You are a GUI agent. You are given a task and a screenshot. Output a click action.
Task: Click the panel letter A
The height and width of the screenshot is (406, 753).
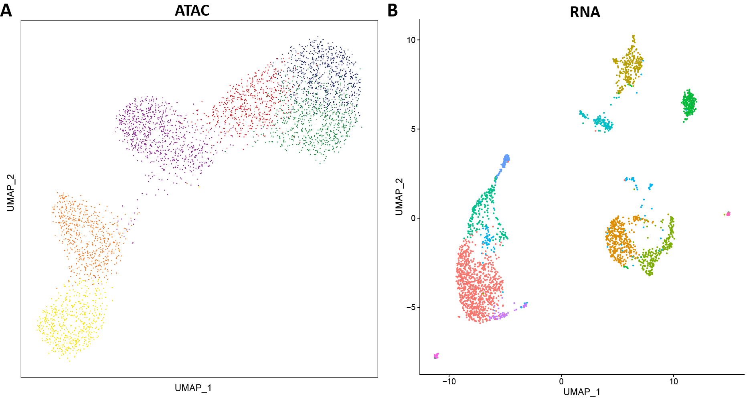[x=6, y=10]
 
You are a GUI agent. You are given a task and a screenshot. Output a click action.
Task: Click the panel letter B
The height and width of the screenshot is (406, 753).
[x=392, y=11]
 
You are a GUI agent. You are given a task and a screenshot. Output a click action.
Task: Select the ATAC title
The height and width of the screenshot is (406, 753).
[x=192, y=10]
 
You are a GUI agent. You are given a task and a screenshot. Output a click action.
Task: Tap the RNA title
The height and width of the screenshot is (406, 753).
[x=585, y=12]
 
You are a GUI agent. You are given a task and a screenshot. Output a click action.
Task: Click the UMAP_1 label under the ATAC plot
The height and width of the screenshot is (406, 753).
[x=193, y=388]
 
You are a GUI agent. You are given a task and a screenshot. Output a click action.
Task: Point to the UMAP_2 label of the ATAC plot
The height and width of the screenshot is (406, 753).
[x=10, y=193]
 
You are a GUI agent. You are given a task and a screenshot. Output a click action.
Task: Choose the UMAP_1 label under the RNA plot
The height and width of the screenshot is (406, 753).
[x=581, y=392]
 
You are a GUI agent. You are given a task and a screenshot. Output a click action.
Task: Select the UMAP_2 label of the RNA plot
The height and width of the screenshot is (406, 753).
[x=399, y=197]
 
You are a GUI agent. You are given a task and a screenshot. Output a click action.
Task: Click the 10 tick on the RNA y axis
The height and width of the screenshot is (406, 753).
[x=411, y=40]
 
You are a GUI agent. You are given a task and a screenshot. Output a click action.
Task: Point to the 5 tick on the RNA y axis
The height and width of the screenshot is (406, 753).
[x=413, y=129]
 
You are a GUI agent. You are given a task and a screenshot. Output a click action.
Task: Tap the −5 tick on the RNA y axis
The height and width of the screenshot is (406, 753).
[x=411, y=307]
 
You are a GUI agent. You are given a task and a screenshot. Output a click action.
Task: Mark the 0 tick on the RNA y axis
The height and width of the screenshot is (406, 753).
[x=413, y=218]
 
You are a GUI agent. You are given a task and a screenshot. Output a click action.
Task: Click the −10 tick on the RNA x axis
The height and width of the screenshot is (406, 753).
[x=449, y=382]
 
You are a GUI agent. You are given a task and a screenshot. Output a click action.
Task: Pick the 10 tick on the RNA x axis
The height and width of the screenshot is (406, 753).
[x=674, y=382]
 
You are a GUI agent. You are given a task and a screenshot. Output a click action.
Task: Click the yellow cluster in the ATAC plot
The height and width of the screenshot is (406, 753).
[x=70, y=325]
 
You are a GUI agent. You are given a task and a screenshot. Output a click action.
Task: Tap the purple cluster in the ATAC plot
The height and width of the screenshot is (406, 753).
[x=156, y=132]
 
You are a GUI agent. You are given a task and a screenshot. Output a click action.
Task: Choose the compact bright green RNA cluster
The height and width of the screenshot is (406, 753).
[x=689, y=104]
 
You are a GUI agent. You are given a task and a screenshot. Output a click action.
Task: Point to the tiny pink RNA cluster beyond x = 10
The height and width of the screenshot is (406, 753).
[x=728, y=214]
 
